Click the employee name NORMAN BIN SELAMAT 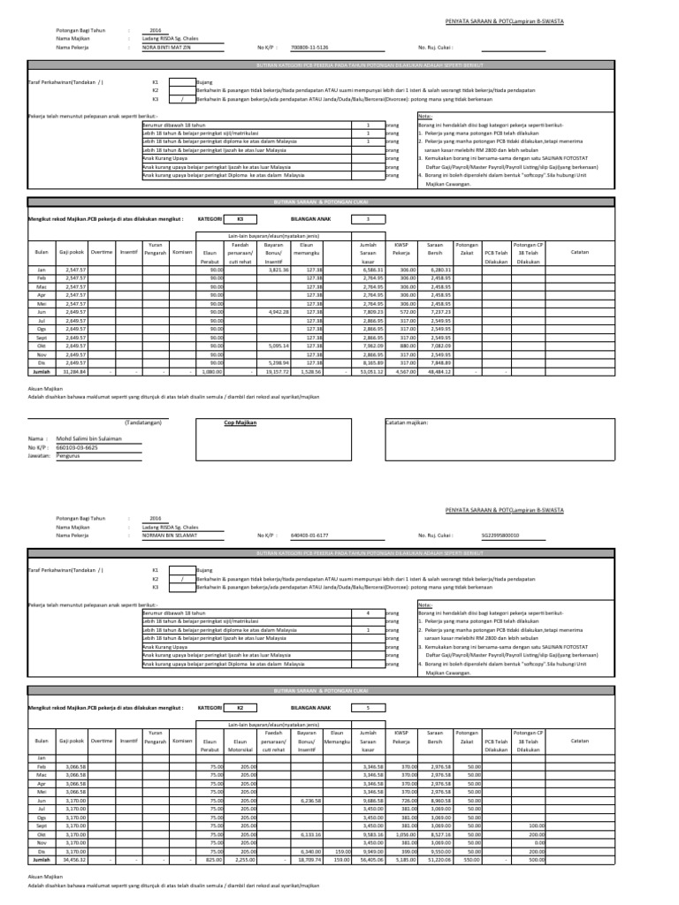(168, 535)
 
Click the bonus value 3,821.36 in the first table (278, 270)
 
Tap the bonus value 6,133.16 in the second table (278, 834)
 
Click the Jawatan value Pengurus (69, 456)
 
